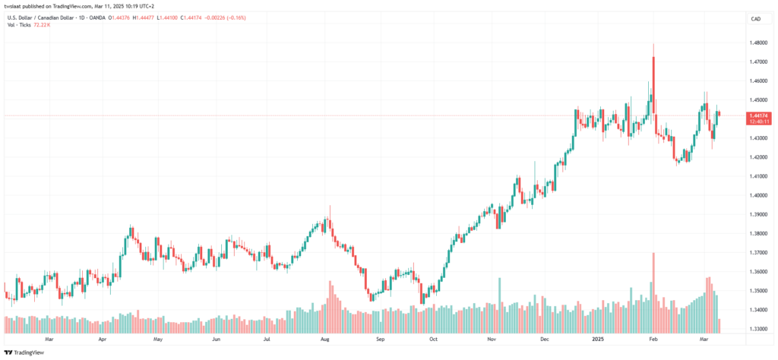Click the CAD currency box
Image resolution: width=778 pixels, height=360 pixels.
(x=757, y=19)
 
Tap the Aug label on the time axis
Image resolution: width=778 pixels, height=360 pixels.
(x=325, y=340)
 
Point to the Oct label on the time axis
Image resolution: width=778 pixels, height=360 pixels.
(x=433, y=340)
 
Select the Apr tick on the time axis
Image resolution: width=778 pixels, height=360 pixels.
(x=103, y=340)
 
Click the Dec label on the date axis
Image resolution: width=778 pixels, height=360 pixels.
(x=545, y=340)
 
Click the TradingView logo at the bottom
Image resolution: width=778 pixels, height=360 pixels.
(x=25, y=352)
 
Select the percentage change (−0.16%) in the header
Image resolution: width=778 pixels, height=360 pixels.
(x=236, y=18)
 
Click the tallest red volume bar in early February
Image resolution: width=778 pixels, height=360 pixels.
(x=653, y=293)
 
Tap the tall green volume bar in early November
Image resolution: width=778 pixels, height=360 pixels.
(x=499, y=305)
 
